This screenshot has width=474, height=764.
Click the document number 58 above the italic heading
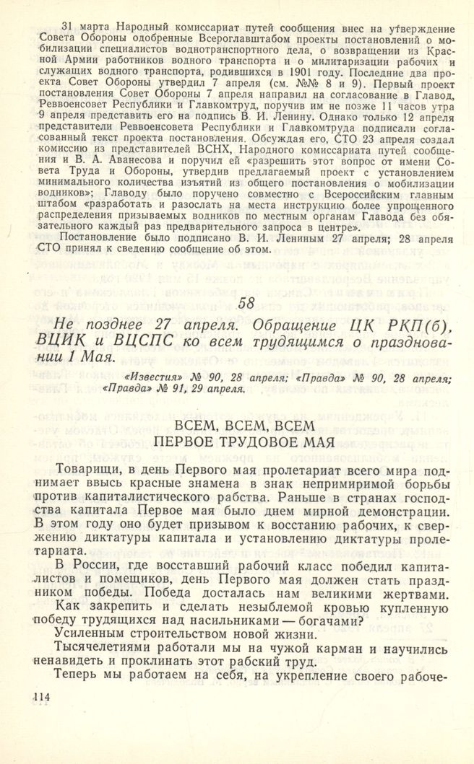(x=246, y=303)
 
